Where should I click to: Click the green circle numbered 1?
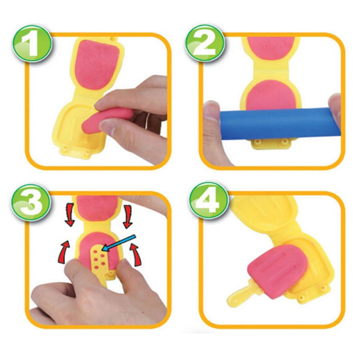click(32, 43)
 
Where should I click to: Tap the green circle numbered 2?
click(205, 43)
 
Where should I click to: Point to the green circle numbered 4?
click(209, 202)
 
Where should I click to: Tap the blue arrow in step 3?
click(119, 243)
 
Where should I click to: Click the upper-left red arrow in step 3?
click(69, 215)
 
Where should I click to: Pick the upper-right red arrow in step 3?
click(126, 216)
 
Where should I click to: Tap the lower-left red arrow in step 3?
click(64, 251)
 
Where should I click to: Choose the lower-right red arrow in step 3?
click(136, 255)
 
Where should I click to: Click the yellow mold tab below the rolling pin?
click(272, 143)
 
